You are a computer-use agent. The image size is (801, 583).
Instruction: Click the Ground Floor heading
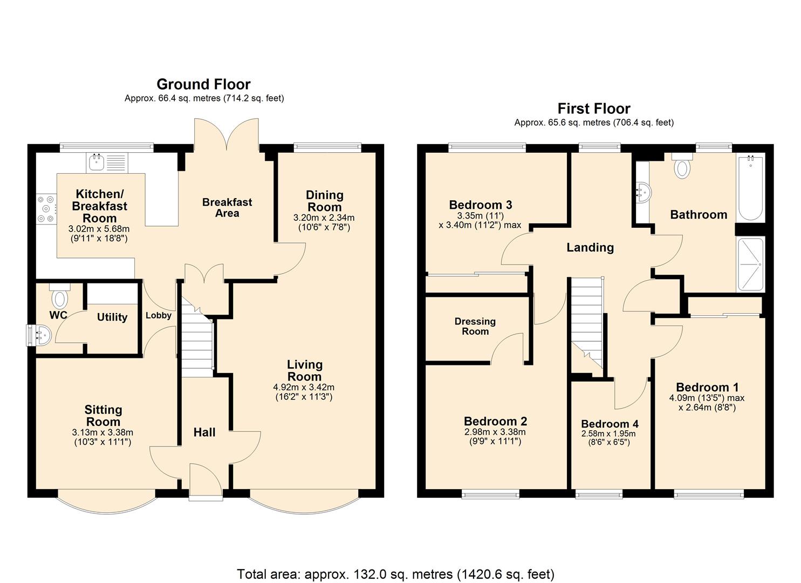click(203, 84)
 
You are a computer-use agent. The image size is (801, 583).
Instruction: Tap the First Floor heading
click(594, 109)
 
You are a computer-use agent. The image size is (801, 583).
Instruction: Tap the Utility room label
click(112, 317)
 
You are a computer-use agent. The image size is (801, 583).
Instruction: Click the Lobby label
click(159, 315)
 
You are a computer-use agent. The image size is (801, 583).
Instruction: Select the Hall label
click(204, 432)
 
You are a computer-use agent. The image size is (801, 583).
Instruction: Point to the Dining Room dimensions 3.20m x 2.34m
click(324, 222)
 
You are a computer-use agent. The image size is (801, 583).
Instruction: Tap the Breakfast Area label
click(227, 207)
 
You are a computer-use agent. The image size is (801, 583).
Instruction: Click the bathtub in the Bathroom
click(750, 187)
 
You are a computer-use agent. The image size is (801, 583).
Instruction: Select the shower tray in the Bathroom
click(750, 265)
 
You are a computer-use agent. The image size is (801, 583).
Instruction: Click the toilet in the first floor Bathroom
click(682, 166)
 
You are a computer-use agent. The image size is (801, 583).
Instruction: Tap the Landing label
click(590, 248)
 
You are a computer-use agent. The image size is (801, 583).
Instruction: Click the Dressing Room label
click(475, 326)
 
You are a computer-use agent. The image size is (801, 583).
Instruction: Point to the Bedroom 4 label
click(610, 424)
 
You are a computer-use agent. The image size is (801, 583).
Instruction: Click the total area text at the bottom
click(395, 574)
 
